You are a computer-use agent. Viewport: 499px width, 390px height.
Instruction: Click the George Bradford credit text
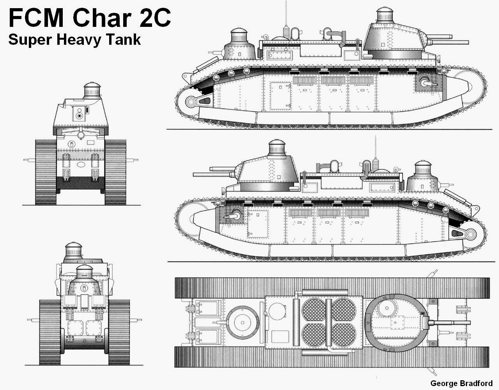[x=461, y=383]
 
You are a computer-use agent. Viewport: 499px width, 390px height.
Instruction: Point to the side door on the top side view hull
[x=281, y=96]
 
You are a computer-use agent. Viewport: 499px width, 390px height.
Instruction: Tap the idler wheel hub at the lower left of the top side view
[x=191, y=102]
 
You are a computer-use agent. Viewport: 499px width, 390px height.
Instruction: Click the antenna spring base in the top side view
[x=287, y=32]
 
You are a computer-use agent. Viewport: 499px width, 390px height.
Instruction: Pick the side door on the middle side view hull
[x=258, y=224]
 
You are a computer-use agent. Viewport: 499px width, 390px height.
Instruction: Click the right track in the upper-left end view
[x=115, y=172]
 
